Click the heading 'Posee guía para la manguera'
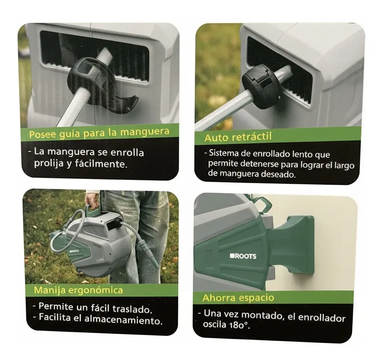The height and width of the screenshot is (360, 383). tap(99, 133)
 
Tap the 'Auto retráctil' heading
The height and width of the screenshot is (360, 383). tap(238, 137)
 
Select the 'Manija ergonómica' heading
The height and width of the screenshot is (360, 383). tap(78, 290)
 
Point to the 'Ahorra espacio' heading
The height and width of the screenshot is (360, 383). tap(238, 298)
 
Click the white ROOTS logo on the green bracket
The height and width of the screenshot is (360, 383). tap(243, 256)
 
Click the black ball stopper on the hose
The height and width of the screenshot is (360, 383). tap(260, 88)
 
